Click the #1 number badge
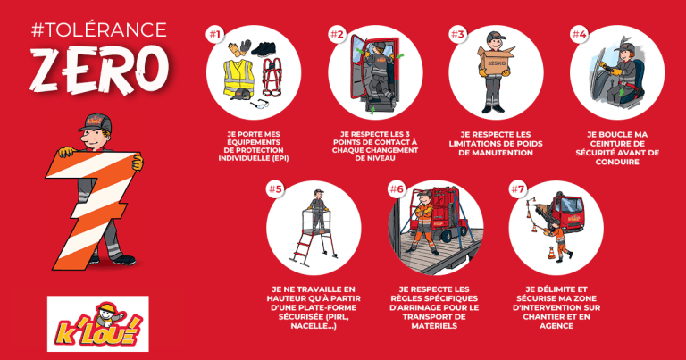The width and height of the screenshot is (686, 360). (x=214, y=34)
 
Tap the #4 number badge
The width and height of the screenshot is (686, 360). (x=579, y=34)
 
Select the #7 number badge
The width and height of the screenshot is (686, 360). (x=517, y=189)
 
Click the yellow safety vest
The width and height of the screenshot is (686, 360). (x=238, y=78)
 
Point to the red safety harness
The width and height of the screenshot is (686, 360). (x=272, y=77)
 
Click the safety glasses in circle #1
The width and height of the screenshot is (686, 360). (x=260, y=105)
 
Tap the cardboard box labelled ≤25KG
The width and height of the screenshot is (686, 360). (x=496, y=62)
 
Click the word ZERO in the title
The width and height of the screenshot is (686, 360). (x=100, y=69)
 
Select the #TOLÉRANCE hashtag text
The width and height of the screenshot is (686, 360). (x=99, y=29)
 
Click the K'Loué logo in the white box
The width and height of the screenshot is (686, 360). (x=98, y=324)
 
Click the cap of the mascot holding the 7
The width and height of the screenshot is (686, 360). (x=95, y=123)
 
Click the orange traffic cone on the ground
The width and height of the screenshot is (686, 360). (x=552, y=254)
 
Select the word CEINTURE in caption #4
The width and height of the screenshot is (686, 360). (x=617, y=144)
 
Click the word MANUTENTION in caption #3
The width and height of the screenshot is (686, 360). (x=496, y=153)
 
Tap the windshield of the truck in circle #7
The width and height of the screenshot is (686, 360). (x=572, y=205)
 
